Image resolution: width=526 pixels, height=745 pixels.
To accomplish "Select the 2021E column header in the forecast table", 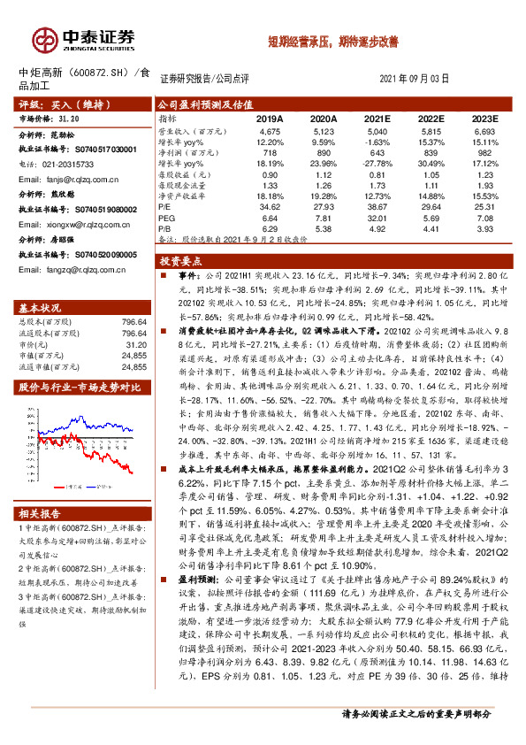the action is tap(377, 118).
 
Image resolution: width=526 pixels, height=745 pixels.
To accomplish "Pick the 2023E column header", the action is tap(485, 118).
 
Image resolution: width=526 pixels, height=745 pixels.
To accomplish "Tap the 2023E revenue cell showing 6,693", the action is tap(485, 130).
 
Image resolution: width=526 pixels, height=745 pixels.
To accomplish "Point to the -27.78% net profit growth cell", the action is tap(377, 163).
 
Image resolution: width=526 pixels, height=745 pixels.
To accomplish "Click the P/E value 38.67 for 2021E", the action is tap(377, 205).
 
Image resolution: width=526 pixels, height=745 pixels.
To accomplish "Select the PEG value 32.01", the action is tap(377, 217).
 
